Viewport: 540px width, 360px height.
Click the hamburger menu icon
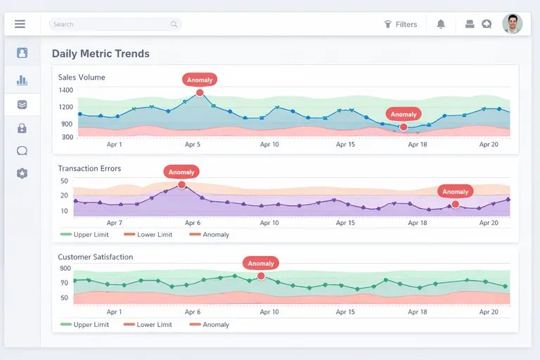[20, 24]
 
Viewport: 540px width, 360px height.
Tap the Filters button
[401, 24]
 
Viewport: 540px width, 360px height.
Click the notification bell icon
[441, 24]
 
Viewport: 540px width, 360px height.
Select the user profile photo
[513, 24]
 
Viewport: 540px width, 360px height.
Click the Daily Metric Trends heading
[101, 53]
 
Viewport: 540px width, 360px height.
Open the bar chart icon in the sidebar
[22, 80]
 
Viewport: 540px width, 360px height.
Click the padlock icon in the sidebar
[22, 128]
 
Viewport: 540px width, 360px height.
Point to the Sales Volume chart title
[82, 77]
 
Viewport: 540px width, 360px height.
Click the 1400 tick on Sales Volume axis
[66, 90]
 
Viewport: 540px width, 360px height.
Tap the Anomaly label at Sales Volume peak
[200, 79]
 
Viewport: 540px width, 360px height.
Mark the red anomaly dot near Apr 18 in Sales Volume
[404, 127]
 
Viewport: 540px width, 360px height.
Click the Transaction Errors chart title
[89, 169]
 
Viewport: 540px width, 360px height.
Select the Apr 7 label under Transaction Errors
[115, 223]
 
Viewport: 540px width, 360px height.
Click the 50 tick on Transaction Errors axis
[65, 181]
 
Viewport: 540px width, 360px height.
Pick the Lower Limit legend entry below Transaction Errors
[148, 235]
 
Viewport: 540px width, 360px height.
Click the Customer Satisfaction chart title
[96, 257]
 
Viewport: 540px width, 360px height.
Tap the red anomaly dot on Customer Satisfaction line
[261, 276]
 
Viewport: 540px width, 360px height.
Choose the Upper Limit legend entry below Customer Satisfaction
[84, 325]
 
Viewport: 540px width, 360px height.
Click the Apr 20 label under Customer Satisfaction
[489, 311]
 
